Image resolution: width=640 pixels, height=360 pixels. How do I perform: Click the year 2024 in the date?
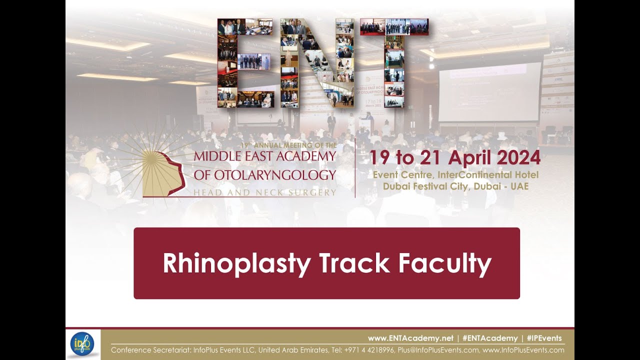[515, 158]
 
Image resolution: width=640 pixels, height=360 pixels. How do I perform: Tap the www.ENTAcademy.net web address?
[410, 338]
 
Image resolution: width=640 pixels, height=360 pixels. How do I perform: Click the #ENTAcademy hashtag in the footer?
[490, 338]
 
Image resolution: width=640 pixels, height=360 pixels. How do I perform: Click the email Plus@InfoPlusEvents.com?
[437, 350]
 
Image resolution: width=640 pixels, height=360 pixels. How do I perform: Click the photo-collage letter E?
[244, 63]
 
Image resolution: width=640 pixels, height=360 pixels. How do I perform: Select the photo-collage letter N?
[317, 63]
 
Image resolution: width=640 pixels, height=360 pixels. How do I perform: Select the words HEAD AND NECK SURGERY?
[265, 192]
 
